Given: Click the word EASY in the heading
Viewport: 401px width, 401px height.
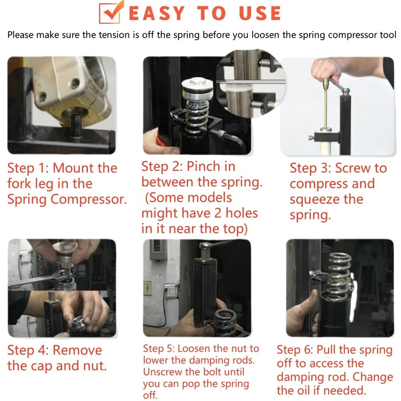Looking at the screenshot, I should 157,13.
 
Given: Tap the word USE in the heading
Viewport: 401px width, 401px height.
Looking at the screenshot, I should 260,13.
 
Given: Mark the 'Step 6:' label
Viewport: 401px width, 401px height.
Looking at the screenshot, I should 295,350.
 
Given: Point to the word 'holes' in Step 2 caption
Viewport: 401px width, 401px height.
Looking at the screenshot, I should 241,213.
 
